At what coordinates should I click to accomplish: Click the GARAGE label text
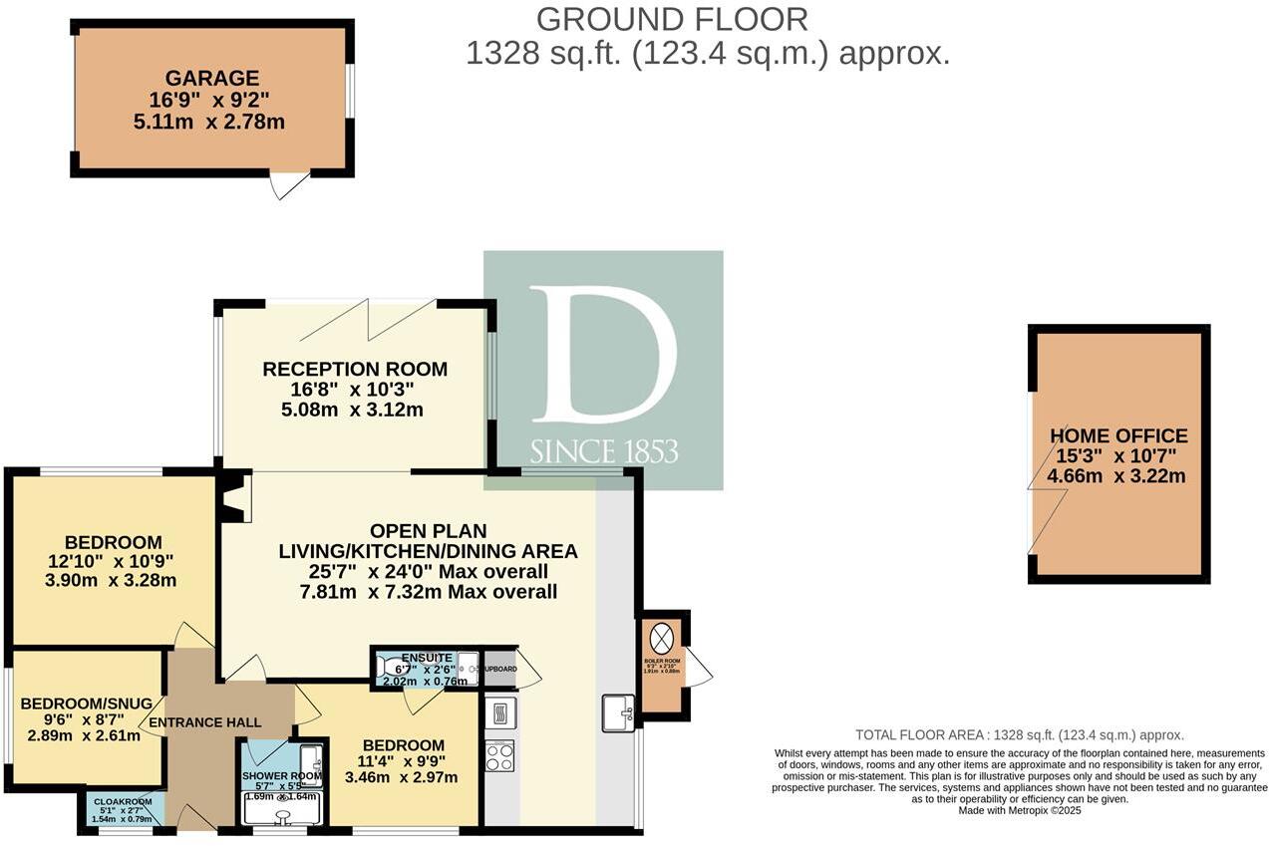211,78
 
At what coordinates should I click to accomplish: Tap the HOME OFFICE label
1118,435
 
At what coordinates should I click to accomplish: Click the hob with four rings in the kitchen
499,754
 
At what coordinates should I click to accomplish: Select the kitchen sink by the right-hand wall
618,712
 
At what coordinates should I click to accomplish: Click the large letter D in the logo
602,355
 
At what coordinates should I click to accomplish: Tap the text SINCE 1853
603,451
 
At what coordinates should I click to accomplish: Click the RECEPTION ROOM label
355,369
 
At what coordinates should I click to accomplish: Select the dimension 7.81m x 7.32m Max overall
428,592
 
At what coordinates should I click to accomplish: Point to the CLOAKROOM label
122,801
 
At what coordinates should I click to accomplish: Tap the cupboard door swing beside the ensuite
528,677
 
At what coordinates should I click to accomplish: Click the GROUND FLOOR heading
672,19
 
